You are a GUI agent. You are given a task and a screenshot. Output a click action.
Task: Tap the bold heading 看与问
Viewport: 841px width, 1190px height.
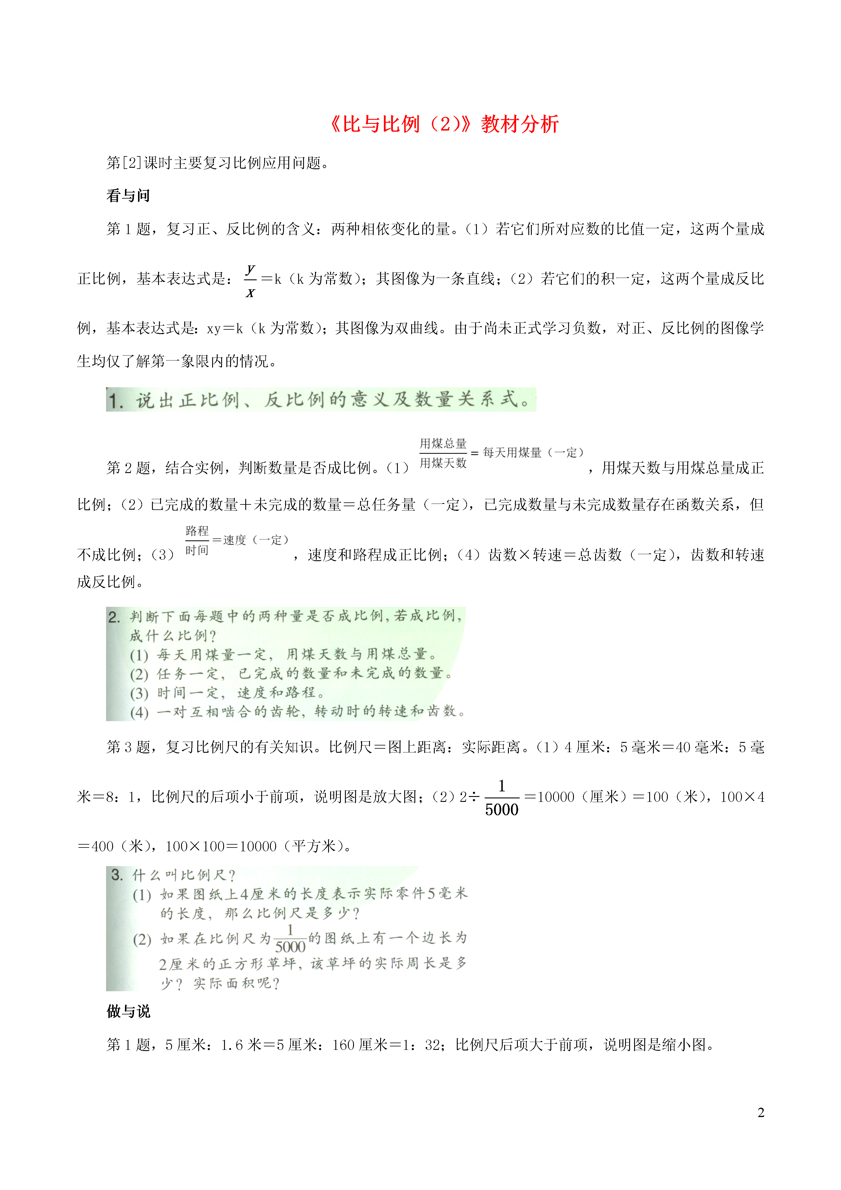[128, 196]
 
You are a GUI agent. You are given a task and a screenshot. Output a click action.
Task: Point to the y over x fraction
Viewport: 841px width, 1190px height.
[250, 280]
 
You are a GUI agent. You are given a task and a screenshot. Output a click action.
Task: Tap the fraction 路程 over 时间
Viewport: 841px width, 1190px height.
[197, 540]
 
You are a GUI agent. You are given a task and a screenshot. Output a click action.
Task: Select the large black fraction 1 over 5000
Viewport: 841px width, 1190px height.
[501, 798]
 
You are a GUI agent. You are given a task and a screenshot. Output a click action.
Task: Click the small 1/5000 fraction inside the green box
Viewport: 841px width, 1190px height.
[290, 939]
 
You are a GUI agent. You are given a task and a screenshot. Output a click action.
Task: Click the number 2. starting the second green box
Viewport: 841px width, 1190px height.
[114, 617]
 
